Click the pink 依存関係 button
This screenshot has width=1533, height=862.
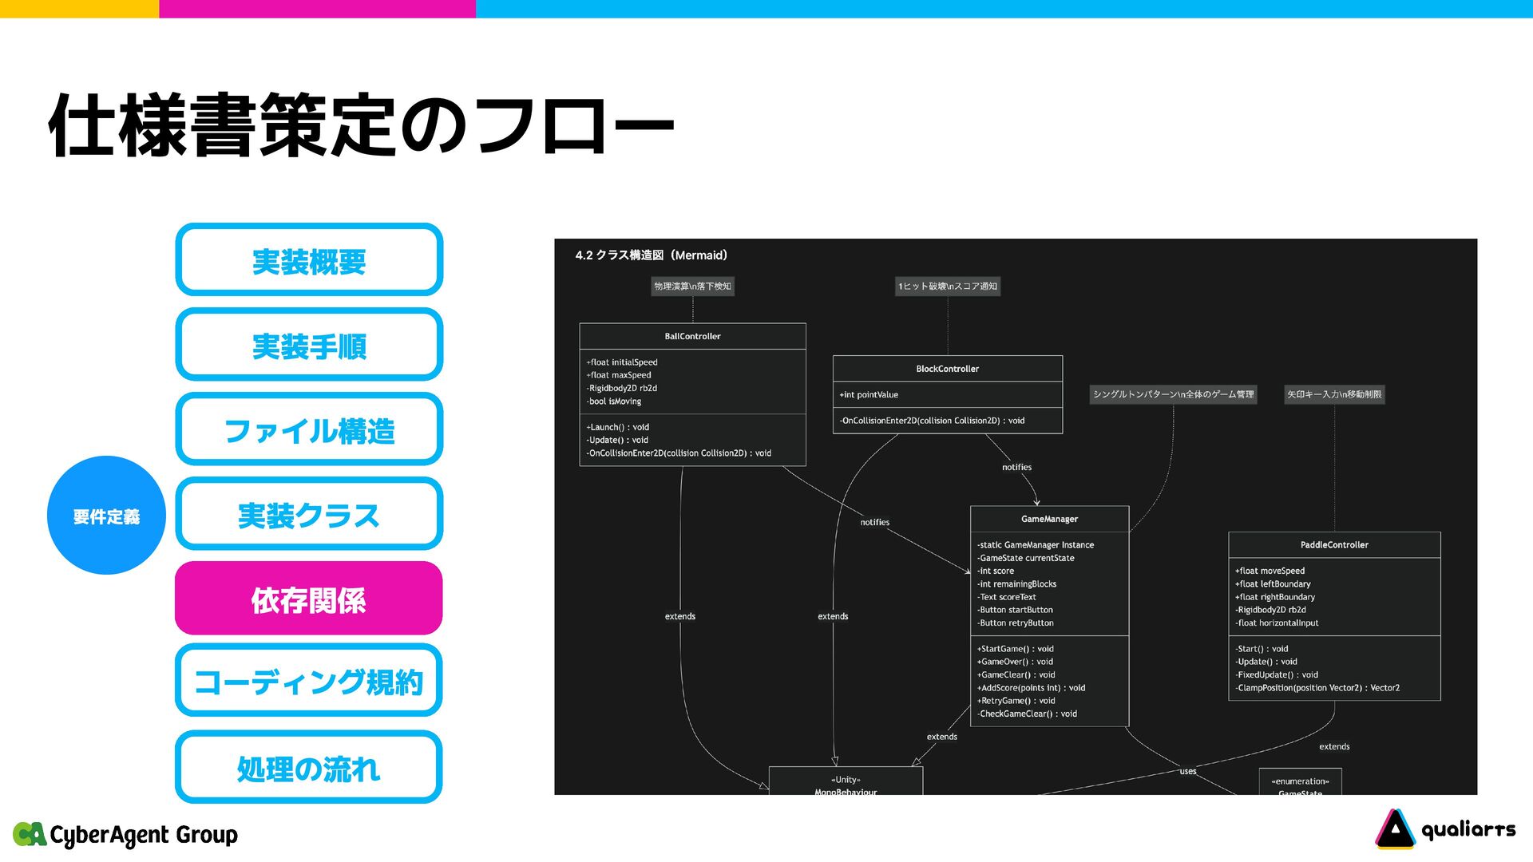point(308,599)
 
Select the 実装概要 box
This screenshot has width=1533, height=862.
point(308,260)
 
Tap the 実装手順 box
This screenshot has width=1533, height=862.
point(308,345)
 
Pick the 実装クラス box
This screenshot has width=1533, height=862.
point(308,514)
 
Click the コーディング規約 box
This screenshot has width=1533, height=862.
point(308,681)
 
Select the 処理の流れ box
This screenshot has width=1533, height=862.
point(308,767)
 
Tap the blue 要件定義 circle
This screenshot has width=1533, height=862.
point(106,516)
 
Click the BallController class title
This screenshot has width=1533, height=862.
point(692,336)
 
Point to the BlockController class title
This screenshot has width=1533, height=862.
point(947,369)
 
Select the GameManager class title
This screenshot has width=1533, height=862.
point(1049,519)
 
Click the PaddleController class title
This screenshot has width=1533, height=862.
point(1334,545)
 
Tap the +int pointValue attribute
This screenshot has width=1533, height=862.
point(869,395)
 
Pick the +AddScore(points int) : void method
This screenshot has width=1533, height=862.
point(1031,688)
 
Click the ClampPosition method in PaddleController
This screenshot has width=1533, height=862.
point(1317,688)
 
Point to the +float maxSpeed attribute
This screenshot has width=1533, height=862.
point(619,375)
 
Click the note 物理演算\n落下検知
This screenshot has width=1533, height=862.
point(692,287)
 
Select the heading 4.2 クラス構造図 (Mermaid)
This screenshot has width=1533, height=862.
point(651,255)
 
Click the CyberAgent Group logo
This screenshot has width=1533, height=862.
point(126,834)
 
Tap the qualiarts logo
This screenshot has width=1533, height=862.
point(1445,829)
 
